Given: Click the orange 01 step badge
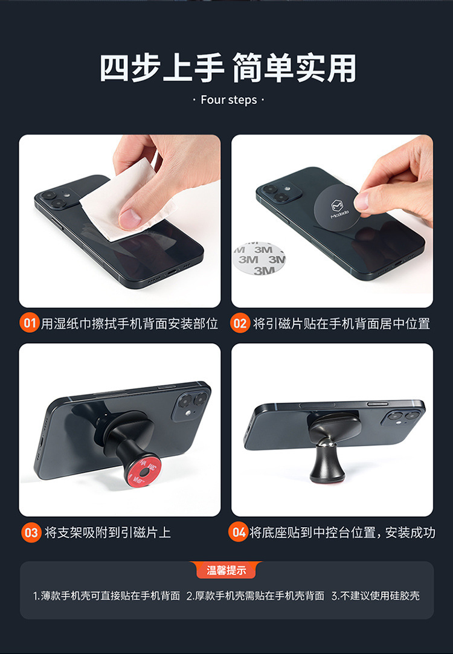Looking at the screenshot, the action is (30, 323).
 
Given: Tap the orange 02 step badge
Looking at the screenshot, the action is (240, 323).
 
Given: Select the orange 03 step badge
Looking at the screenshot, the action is (31, 533).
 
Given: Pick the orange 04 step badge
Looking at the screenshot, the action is (239, 532).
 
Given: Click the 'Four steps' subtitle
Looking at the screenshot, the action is (228, 100).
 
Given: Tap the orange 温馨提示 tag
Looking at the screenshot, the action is (226, 570).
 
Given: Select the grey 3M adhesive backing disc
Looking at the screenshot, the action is (259, 258).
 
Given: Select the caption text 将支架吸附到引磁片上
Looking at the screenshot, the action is (108, 533).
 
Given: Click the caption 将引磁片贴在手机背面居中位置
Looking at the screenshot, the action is (341, 324).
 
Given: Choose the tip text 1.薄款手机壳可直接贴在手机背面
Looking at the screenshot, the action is (106, 595).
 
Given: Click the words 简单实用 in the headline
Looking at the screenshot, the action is (295, 68).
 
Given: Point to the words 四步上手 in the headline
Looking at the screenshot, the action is (162, 68).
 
